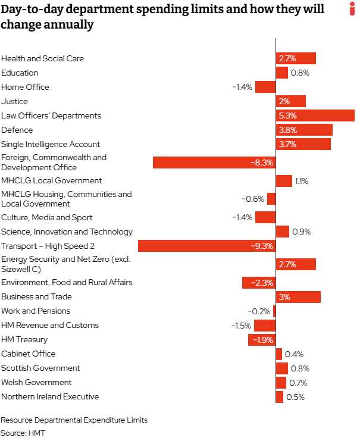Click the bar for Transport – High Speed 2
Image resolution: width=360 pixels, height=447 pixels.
[x=206, y=246]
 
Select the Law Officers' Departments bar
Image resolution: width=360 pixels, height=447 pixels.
[x=315, y=115]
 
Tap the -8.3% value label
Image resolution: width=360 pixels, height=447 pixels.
[x=261, y=162]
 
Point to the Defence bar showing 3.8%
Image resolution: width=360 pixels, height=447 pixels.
[x=303, y=130]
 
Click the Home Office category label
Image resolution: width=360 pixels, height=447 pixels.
[x=25, y=87]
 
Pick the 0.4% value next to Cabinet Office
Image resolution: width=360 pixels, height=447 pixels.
[x=294, y=354]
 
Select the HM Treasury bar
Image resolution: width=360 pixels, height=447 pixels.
[x=262, y=340]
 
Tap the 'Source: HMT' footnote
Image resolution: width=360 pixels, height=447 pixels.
[x=23, y=433]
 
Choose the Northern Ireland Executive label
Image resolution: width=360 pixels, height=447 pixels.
[x=50, y=396]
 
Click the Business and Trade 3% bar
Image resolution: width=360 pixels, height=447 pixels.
[x=298, y=297]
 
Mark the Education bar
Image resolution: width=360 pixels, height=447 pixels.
[x=281, y=73]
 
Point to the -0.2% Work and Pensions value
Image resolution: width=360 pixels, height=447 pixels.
[x=259, y=311]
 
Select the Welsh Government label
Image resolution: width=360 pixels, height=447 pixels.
[x=36, y=382]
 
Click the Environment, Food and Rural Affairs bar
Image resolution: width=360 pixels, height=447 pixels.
[x=259, y=283]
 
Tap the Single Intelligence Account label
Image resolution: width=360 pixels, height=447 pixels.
[x=51, y=144]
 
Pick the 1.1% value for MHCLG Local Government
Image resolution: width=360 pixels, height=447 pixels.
[x=300, y=181]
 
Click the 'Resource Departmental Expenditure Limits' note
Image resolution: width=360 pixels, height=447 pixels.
[x=74, y=420]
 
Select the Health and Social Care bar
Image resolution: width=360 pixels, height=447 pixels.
[x=295, y=58]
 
